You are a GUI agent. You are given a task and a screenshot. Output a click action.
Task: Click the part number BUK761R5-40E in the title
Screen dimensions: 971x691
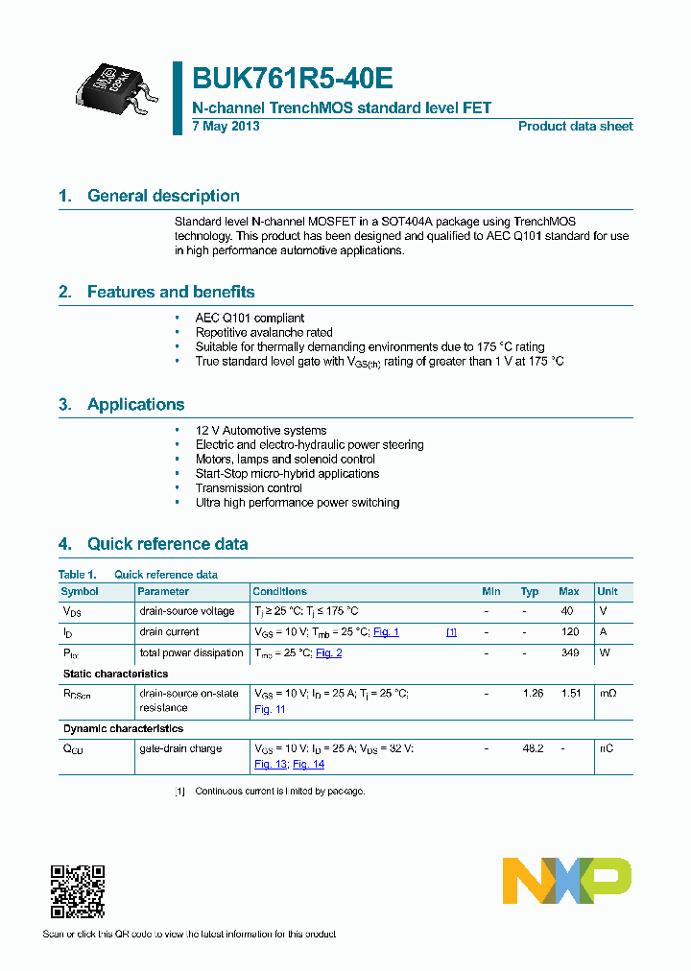(293, 79)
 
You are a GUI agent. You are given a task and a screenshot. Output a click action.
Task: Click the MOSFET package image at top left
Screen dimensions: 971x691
(114, 88)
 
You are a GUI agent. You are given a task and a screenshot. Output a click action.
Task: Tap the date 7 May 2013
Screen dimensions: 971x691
(226, 127)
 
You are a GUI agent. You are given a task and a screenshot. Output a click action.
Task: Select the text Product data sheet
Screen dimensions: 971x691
(575, 127)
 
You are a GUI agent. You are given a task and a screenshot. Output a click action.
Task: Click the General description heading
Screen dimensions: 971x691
(163, 196)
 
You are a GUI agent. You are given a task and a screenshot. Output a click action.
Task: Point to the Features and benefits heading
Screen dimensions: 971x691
(171, 292)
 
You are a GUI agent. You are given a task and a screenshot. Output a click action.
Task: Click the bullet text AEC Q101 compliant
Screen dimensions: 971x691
(250, 318)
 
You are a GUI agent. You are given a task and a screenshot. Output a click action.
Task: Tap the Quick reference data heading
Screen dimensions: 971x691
(167, 544)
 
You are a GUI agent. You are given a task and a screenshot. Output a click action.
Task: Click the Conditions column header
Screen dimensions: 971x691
(279, 592)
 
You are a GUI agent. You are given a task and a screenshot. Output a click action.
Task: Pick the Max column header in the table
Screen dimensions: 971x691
(568, 592)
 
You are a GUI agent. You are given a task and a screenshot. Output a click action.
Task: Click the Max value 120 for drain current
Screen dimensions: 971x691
(569, 632)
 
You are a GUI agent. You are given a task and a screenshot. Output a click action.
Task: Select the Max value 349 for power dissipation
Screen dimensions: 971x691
(569, 653)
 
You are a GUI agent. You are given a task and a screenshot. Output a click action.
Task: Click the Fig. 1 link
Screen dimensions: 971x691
(386, 632)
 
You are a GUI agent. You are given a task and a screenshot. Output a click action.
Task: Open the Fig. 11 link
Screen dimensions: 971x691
(270, 709)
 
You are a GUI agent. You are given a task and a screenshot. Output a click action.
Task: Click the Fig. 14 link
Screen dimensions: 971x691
(308, 764)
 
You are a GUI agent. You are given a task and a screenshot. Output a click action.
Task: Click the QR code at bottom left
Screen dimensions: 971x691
(77, 892)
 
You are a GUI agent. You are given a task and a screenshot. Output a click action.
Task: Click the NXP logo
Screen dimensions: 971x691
(567, 881)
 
